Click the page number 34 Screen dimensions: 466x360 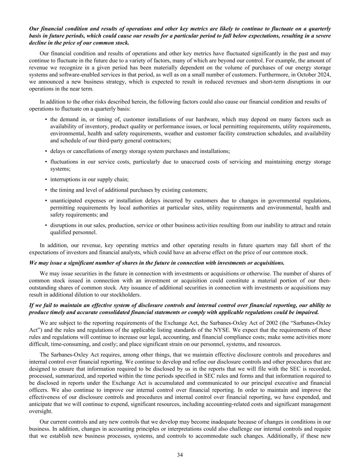tap(180, 454)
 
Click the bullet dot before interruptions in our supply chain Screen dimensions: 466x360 tap(46, 180)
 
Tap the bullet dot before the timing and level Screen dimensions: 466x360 tap(46, 190)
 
